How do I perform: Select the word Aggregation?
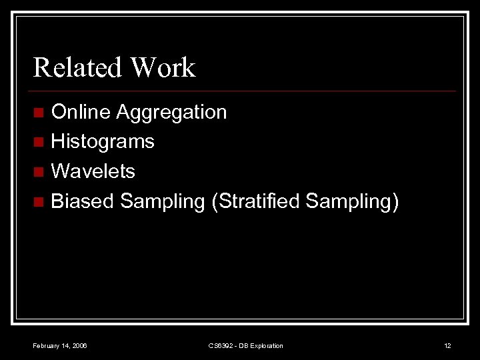171,112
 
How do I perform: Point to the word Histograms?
103,141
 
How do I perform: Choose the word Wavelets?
93,171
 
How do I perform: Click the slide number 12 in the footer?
447,345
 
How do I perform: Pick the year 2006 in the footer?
79,345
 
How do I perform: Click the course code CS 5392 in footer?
222,345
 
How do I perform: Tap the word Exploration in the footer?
267,345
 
